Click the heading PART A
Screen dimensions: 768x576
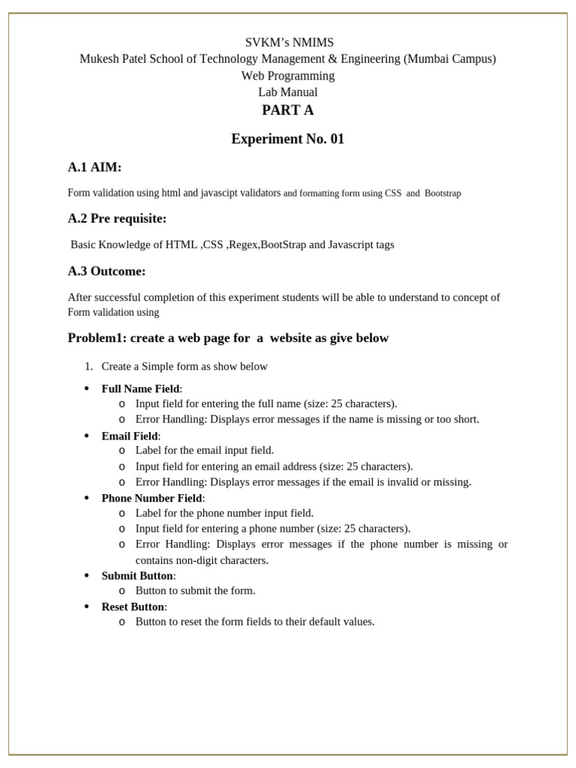point(287,111)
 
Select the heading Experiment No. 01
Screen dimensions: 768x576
point(287,139)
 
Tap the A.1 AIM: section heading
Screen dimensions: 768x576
point(94,166)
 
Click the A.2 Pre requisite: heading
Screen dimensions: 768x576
point(117,218)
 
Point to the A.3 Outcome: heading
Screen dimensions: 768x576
point(106,271)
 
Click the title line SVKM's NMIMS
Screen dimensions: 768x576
point(288,43)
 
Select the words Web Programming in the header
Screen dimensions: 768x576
point(288,76)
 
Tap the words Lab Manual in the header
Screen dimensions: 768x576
point(288,92)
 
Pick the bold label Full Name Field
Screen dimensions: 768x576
point(140,388)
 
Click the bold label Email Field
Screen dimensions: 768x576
point(130,436)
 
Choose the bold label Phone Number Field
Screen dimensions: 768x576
point(151,498)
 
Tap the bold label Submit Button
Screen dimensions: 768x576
point(137,575)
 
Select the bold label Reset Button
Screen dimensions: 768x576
point(133,607)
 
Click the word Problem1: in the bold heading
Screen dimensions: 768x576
point(97,338)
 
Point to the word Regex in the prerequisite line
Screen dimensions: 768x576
point(245,244)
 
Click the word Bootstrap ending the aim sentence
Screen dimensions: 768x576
point(442,193)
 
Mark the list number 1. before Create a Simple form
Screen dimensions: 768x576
point(88,367)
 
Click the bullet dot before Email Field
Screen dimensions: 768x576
point(86,436)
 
